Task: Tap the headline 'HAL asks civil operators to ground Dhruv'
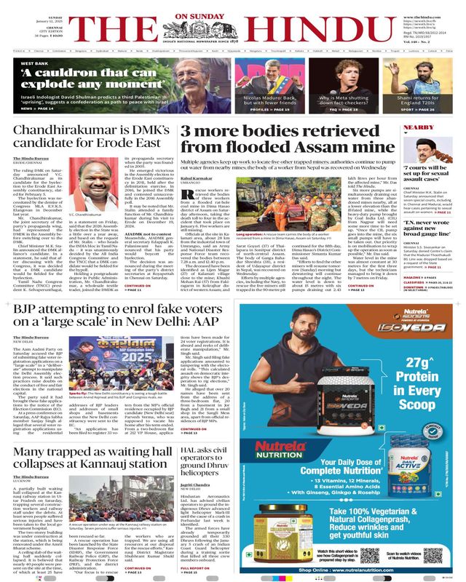pos(218,445)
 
